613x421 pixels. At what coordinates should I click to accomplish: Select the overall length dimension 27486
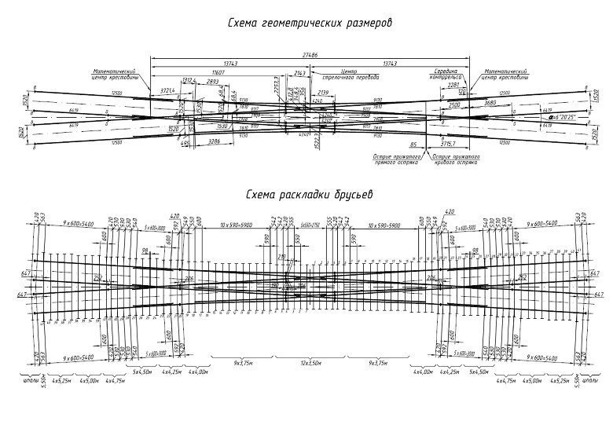(310, 54)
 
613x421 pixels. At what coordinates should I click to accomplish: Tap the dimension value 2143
(299, 71)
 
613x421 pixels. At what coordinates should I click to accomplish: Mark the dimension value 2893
(212, 82)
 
